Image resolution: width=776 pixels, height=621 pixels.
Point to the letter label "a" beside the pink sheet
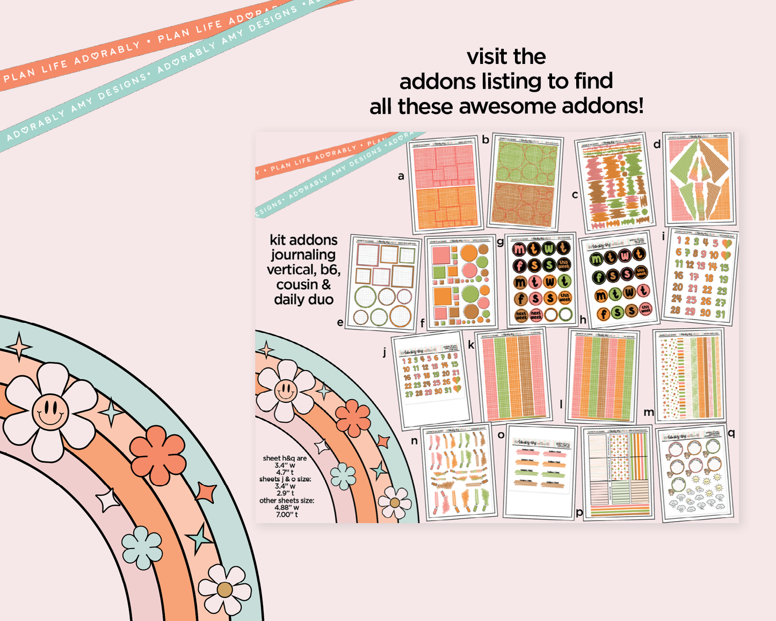tap(401, 176)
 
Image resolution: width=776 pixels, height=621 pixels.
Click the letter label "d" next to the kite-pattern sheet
tap(657, 144)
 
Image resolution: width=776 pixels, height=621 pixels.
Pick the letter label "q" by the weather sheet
tap(731, 432)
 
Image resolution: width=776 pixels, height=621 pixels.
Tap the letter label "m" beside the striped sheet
tap(649, 412)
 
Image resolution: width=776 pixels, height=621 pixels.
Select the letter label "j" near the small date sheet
tap(385, 352)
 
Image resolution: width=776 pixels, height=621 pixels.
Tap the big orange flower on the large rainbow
tap(158, 454)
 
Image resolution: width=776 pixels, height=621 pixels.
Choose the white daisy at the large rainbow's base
tap(224, 589)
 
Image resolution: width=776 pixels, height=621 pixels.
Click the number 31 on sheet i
tap(720, 314)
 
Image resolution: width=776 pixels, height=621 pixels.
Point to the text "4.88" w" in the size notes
tap(287, 507)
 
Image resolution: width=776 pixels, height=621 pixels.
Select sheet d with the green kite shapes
tap(700, 179)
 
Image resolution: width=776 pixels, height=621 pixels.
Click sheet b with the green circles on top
tap(525, 182)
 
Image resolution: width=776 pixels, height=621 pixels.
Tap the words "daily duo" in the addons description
tap(303, 300)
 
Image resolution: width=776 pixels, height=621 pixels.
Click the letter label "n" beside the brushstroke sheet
tap(414, 441)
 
